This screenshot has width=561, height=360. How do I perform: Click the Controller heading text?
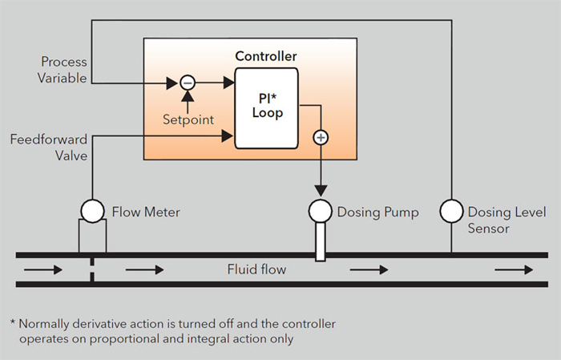tap(266, 56)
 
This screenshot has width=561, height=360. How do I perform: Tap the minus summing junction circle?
tap(187, 82)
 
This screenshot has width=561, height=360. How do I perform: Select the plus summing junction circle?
tap(321, 138)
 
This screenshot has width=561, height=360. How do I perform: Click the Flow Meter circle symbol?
tap(93, 212)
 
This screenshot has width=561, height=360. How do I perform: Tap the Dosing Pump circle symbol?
tap(321, 212)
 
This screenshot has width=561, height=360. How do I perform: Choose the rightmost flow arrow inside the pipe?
tap(513, 270)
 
